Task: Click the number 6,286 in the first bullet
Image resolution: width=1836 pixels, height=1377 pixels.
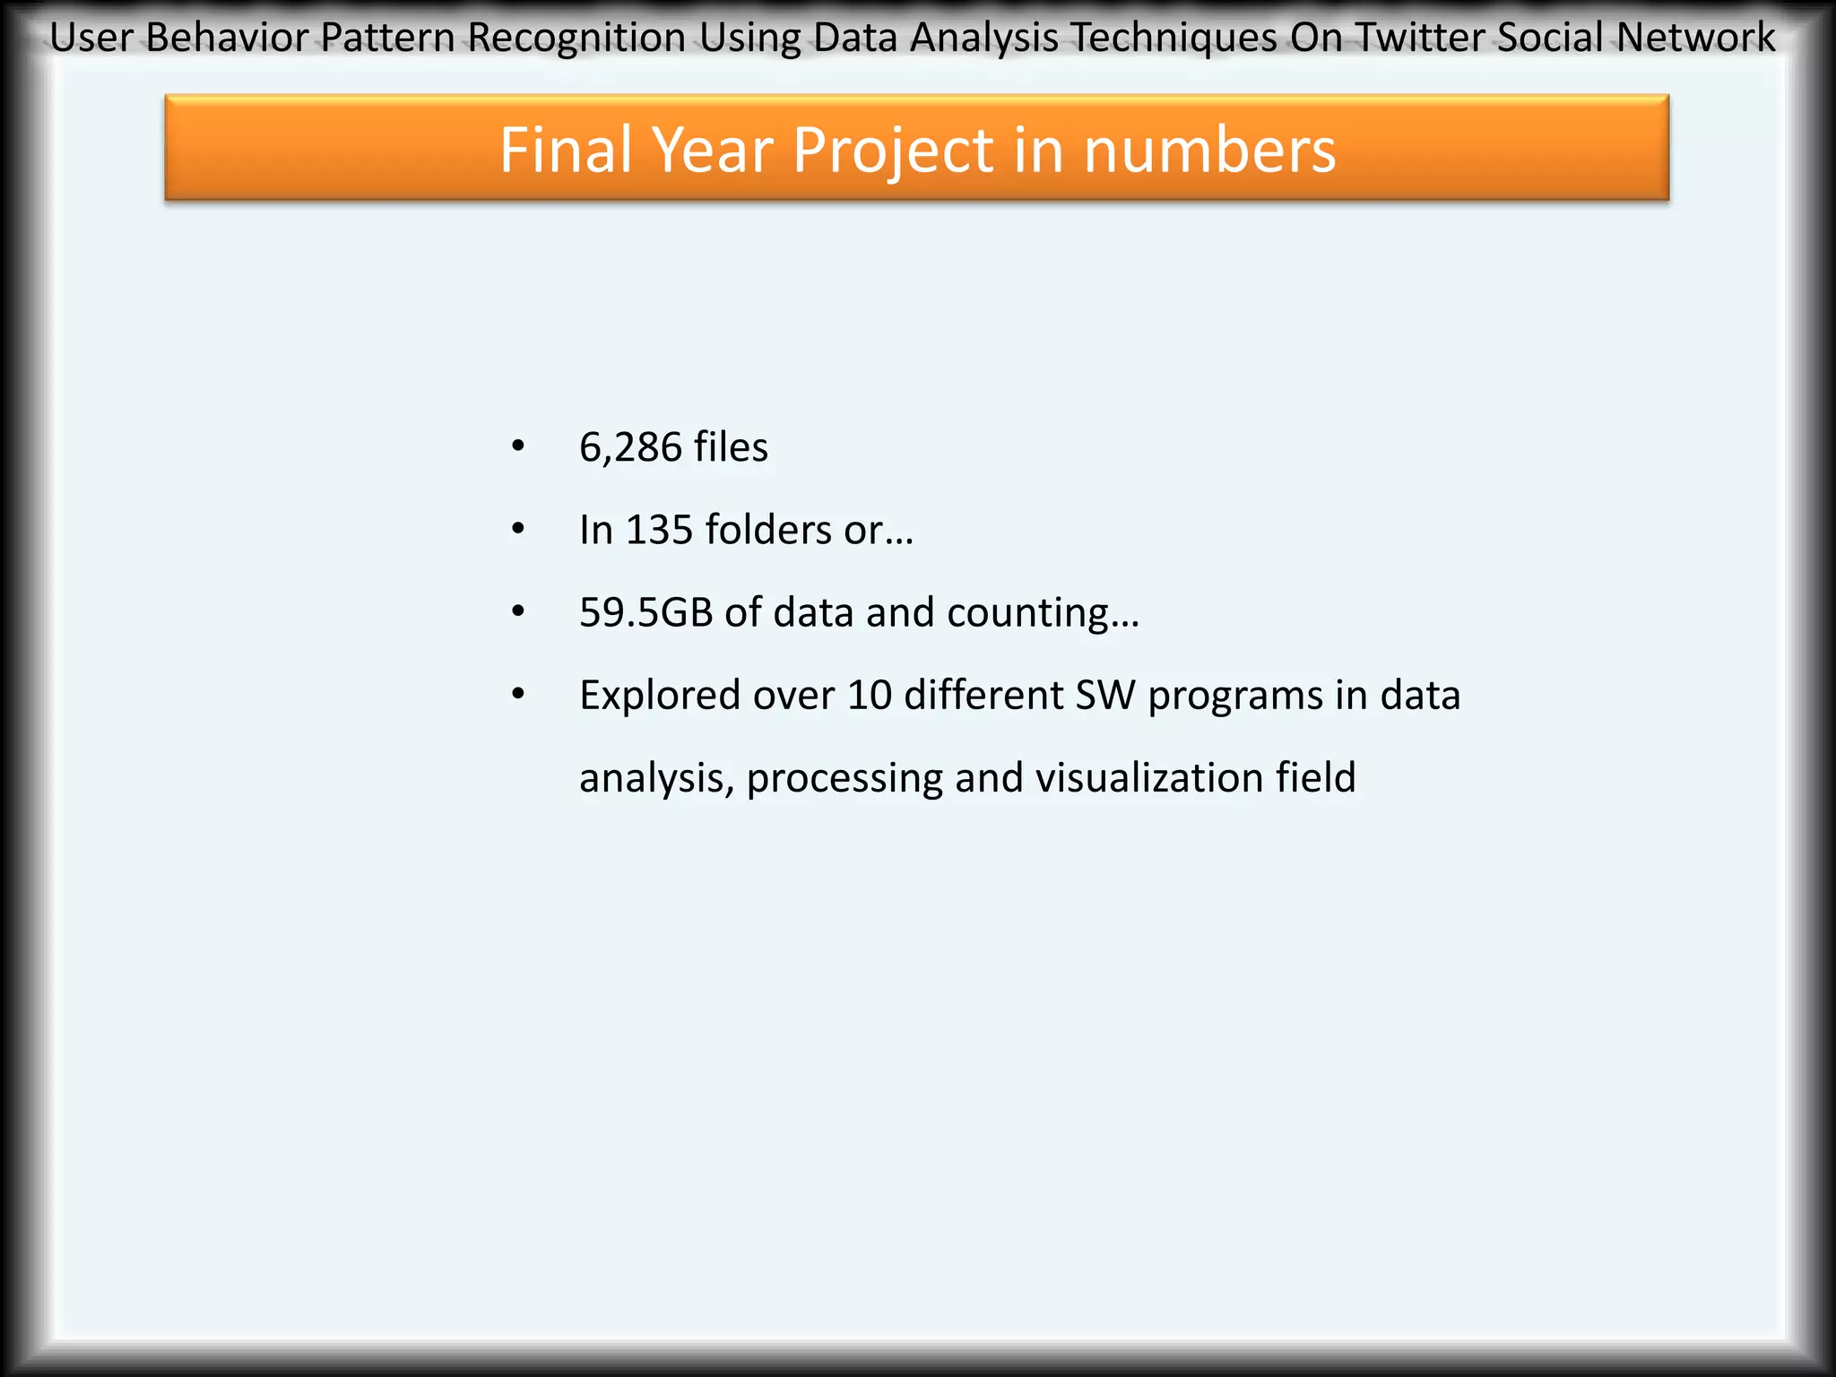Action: tap(630, 447)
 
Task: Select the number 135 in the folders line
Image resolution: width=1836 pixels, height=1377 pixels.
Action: tap(659, 530)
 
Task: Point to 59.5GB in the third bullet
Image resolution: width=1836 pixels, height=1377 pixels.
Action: tap(645, 612)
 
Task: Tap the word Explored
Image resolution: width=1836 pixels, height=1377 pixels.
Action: tap(660, 696)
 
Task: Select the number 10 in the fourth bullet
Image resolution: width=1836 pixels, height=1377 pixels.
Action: tap(869, 696)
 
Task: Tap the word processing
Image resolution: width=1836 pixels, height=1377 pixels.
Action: tap(844, 779)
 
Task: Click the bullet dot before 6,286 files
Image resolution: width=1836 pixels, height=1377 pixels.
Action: tap(518, 446)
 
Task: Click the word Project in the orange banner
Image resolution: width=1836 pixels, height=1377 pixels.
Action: tap(893, 150)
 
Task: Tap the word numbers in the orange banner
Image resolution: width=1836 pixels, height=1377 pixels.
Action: tap(1209, 150)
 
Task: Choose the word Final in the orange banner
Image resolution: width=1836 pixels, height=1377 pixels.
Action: tap(568, 150)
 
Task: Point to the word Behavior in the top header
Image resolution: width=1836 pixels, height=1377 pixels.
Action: tap(228, 38)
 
